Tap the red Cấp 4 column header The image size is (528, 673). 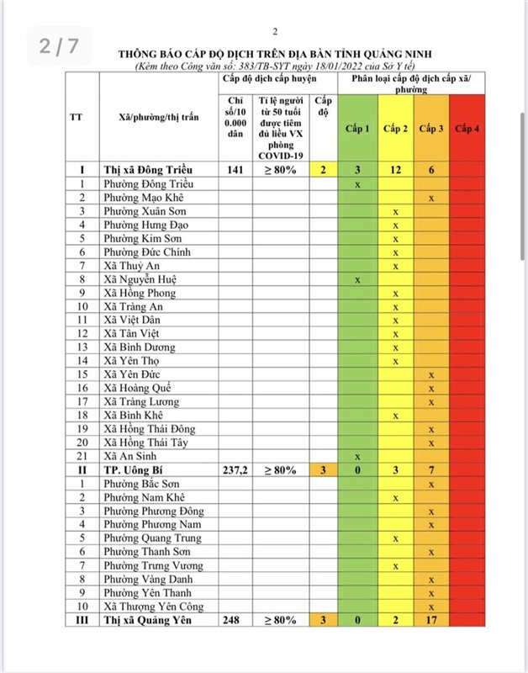click(x=467, y=128)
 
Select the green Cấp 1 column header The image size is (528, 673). click(x=357, y=128)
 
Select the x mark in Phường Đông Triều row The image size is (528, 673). click(x=358, y=183)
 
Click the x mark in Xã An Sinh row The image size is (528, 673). click(x=358, y=455)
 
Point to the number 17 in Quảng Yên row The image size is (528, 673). click(x=431, y=621)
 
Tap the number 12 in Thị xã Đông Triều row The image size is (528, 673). click(x=395, y=169)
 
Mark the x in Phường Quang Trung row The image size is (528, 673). click(x=395, y=538)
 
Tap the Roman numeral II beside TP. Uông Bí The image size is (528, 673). click(x=82, y=469)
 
